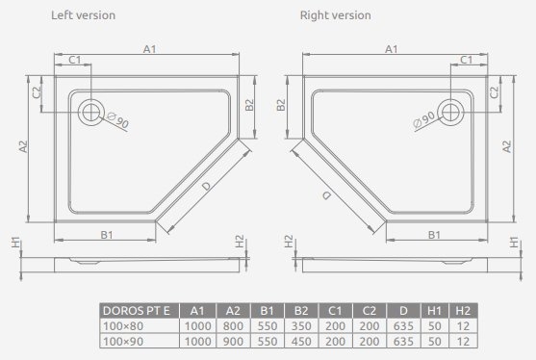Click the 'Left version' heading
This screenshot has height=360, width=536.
(x=83, y=15)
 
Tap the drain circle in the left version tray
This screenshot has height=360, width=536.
(x=94, y=112)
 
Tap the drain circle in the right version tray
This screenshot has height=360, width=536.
(x=450, y=112)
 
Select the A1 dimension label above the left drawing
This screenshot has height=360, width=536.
(x=149, y=48)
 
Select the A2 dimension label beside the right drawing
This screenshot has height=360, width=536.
(x=507, y=145)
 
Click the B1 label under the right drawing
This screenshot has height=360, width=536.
(x=434, y=234)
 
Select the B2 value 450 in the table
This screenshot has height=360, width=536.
(x=298, y=343)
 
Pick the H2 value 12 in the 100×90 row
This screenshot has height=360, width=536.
(x=464, y=343)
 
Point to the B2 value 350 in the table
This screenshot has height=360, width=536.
(x=298, y=327)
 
